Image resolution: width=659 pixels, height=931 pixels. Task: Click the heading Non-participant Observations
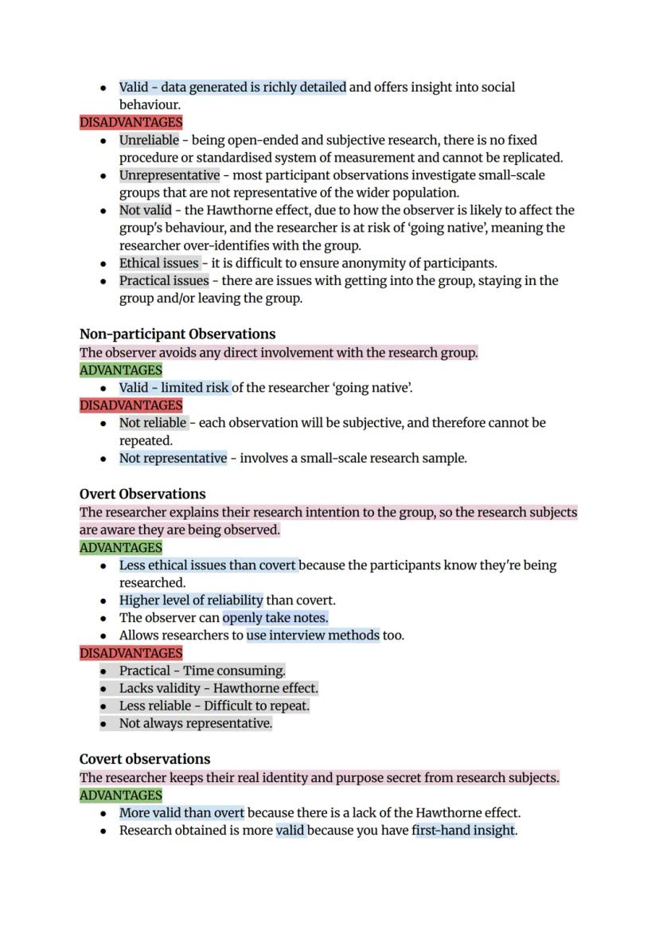tap(177, 334)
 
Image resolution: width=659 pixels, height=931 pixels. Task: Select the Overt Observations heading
tap(142, 494)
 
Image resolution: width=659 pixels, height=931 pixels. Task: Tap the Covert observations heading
tap(145, 759)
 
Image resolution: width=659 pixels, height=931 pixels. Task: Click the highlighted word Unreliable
tap(149, 140)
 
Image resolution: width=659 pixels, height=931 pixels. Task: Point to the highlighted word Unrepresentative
tap(169, 175)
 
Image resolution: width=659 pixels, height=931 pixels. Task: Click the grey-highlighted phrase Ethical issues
tap(158, 263)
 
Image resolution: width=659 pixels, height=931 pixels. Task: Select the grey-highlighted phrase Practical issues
tap(163, 280)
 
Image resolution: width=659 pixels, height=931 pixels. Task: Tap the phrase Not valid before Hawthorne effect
tap(145, 210)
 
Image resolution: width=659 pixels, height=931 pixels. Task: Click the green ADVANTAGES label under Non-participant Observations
tap(121, 370)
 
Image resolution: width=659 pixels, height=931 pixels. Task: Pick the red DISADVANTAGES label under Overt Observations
tap(131, 653)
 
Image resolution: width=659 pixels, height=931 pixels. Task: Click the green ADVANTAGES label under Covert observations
tap(121, 795)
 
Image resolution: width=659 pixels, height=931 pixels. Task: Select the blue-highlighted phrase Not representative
tap(173, 458)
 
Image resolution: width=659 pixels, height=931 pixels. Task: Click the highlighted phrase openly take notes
tap(275, 618)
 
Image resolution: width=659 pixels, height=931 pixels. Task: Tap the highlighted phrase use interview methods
tap(313, 636)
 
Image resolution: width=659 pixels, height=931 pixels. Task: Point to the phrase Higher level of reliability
tap(191, 600)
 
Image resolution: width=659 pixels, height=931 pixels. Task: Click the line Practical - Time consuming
tap(202, 671)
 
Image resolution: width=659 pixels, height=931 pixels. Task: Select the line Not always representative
tap(195, 723)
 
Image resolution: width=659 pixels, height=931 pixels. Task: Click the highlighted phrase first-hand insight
tap(464, 831)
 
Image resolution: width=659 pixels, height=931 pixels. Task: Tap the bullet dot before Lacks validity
tap(104, 688)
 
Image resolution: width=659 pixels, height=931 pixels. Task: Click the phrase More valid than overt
tap(181, 813)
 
